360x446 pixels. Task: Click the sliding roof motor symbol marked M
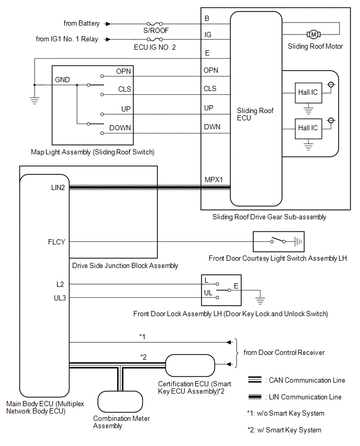click(313, 35)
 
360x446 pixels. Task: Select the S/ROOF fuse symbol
click(154, 24)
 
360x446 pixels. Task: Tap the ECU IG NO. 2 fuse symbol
click(154, 39)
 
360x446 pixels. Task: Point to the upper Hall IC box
click(308, 93)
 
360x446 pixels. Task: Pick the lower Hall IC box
click(308, 129)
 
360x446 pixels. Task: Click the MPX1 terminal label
click(213, 180)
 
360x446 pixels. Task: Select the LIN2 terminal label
click(58, 187)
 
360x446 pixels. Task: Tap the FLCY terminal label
click(57, 242)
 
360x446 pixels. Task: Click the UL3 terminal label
click(60, 298)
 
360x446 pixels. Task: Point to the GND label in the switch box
click(62, 80)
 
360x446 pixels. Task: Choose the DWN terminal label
click(212, 127)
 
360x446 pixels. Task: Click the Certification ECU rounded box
click(190, 365)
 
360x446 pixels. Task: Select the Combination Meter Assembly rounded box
click(120, 402)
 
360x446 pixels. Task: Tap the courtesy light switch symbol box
click(279, 241)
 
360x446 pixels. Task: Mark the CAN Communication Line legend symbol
click(255, 380)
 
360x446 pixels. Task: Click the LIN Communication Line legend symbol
click(255, 396)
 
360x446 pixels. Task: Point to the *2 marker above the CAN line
click(143, 357)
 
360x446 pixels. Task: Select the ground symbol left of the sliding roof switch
click(35, 101)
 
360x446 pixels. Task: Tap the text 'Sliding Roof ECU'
click(255, 114)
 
